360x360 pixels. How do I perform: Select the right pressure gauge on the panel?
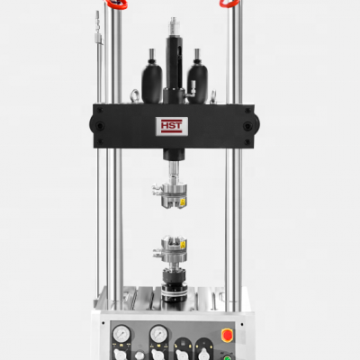pyautogui.click(x=158, y=335)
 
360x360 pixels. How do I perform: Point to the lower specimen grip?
pyautogui.click(x=172, y=251)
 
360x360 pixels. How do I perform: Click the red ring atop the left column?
pyautogui.click(x=116, y=4)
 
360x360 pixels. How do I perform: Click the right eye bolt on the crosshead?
pyautogui.click(x=209, y=95)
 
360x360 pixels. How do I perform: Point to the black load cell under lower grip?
pyautogui.click(x=172, y=278)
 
